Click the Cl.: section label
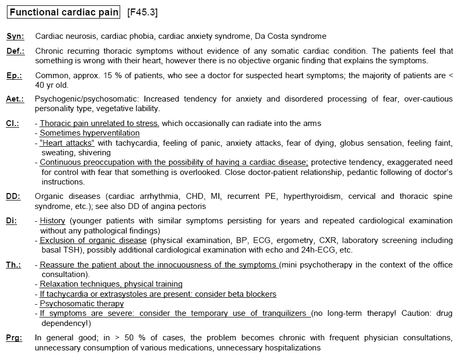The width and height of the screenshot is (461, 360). pos(13,123)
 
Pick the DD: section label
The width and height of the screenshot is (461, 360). pos(13,196)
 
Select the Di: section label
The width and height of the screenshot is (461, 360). pos(12,221)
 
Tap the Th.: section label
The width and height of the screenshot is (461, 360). pos(13,264)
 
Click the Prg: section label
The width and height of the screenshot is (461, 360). pos(14,338)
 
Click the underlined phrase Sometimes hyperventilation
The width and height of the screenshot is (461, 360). pos(90,133)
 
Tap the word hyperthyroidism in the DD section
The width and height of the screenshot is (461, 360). pos(313,196)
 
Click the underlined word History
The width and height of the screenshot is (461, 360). pos(53,221)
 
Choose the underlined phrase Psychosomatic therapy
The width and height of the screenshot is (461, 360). pos(82,304)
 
